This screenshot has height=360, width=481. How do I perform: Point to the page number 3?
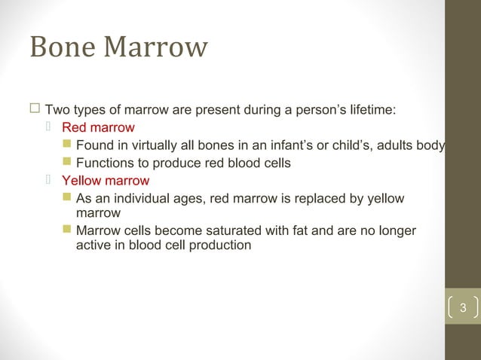click(x=463, y=308)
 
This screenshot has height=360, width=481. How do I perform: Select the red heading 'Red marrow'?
click(x=98, y=127)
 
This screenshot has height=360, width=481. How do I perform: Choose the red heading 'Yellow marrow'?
click(x=106, y=181)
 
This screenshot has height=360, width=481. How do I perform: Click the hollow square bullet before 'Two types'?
click(x=35, y=110)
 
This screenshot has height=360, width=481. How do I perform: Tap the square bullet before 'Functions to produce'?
click(x=66, y=163)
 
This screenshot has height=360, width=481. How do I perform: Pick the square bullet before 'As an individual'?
click(x=66, y=198)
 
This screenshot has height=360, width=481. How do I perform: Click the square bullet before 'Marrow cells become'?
click(x=66, y=230)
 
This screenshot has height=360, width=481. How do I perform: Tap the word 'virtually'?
click(x=149, y=145)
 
